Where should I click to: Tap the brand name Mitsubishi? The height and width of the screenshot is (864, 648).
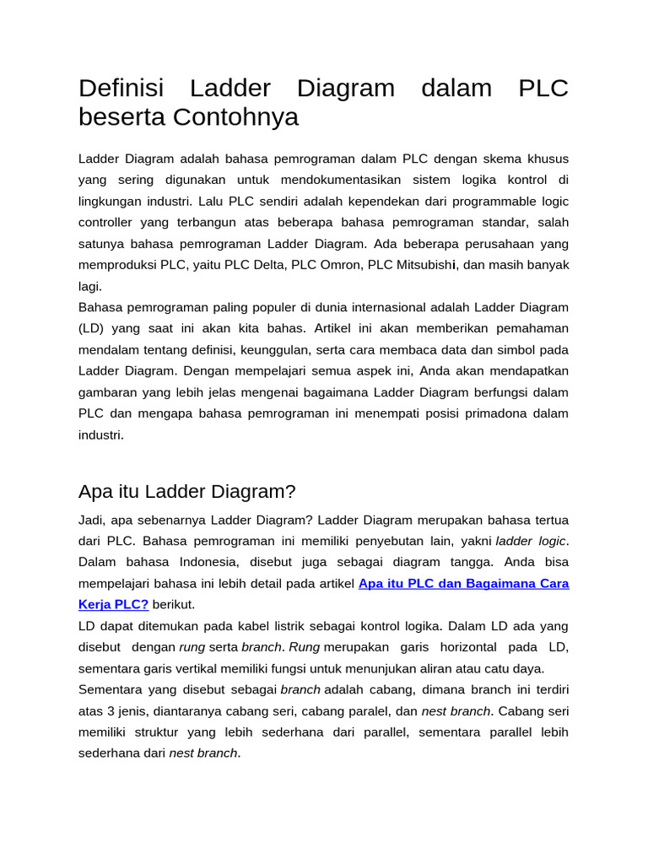[426, 265]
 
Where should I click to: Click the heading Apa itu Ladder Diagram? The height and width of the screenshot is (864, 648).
[186, 491]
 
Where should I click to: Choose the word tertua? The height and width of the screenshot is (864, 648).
[545, 520]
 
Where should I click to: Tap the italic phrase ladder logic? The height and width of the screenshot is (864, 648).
[531, 541]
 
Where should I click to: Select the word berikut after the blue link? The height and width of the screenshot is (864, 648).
[173, 604]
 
